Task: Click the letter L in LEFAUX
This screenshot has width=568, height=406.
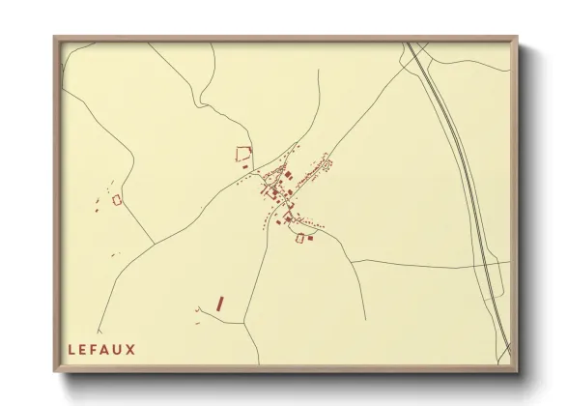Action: tap(71, 350)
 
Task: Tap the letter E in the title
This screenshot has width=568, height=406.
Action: tap(83, 350)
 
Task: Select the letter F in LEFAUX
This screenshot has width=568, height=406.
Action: tap(95, 350)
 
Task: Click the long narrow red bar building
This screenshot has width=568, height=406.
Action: tap(220, 304)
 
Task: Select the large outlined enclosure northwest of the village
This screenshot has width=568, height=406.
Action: tap(243, 152)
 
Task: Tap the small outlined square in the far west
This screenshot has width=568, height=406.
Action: tap(118, 199)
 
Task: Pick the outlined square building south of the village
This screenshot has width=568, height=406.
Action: tap(300, 238)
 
